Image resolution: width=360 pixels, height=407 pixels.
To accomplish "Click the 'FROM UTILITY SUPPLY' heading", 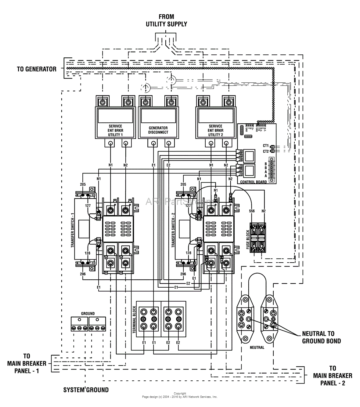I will (166, 20).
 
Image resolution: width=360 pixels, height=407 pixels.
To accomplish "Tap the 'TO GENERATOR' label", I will (37, 69).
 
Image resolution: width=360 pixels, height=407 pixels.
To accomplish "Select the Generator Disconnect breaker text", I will (158, 130).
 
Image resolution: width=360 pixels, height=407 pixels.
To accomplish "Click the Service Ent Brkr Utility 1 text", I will (115, 130).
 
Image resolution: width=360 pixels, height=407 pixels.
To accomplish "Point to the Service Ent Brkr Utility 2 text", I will (216, 130).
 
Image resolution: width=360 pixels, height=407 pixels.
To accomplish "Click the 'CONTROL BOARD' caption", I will (254, 182).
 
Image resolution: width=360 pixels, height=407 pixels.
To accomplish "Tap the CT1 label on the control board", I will (265, 146).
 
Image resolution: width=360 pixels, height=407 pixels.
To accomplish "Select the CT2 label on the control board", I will (265, 151).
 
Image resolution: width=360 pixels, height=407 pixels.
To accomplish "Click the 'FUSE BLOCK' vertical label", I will (248, 238).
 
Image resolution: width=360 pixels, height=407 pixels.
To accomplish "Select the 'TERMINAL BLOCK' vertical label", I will (134, 320).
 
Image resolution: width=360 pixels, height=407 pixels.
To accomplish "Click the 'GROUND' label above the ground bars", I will (88, 314).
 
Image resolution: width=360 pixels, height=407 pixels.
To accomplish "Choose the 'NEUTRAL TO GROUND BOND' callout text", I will (321, 337).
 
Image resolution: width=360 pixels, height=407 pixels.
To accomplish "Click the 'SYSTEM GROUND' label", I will (86, 390).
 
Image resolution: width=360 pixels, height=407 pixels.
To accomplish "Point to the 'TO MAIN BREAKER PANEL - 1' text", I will (27, 363).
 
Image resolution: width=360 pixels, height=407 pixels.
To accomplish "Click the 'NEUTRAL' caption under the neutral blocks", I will (257, 347).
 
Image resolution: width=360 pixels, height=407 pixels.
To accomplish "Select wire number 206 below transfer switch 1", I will (83, 274).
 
